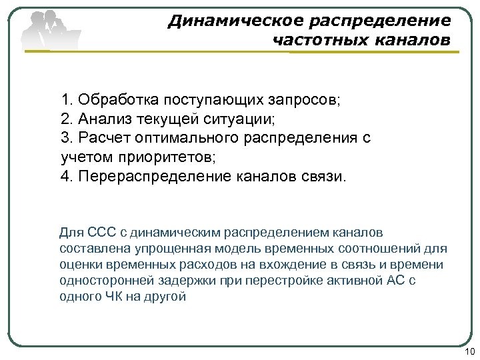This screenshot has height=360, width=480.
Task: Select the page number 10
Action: (x=468, y=352)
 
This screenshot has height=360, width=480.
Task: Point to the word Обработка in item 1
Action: (x=115, y=101)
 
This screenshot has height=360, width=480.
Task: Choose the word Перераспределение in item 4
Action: (x=152, y=177)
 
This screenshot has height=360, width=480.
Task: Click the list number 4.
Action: (x=65, y=177)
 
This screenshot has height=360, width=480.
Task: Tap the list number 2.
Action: (x=65, y=120)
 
